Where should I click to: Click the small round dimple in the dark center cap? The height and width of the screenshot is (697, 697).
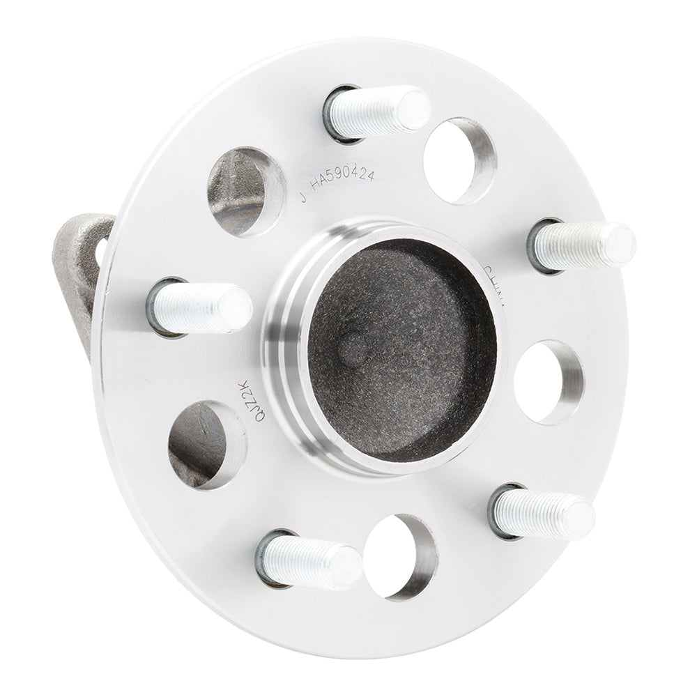(354, 346)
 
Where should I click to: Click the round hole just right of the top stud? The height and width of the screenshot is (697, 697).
(460, 160)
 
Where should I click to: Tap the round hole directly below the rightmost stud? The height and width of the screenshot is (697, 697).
(549, 382)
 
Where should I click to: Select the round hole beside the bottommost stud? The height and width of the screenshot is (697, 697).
(401, 556)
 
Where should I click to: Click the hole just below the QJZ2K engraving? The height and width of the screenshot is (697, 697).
(207, 444)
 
